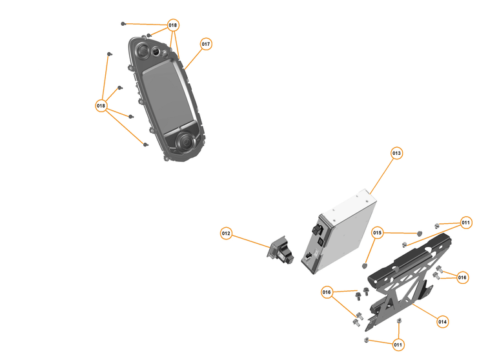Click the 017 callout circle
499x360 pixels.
coord(205,45)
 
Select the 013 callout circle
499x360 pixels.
coord(396,154)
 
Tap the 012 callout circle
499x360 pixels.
coord(226,234)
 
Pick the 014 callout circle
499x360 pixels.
coord(442,321)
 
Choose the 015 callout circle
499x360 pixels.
coord(378,232)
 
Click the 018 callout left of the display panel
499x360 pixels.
coord(101,105)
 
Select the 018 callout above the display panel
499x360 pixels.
coord(172,26)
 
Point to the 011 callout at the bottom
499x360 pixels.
coord(398,345)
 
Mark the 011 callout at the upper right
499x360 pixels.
coord(465,223)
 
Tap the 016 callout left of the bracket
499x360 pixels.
coord(327,293)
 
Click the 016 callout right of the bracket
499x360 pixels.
coord(462,277)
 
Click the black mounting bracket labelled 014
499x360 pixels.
coord(403,277)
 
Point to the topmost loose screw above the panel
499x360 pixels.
coord(123,23)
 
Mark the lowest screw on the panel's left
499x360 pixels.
coord(146,145)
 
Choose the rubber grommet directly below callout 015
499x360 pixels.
coord(365,264)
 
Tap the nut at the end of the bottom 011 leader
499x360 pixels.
coord(367,339)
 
